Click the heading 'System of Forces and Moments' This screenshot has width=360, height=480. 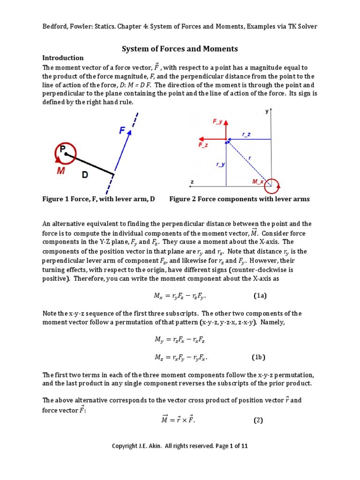[x=180, y=49]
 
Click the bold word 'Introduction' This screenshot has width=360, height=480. [x=63, y=58]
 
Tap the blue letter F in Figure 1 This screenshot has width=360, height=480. [x=122, y=132]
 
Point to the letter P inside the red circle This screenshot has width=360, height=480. [x=62, y=149]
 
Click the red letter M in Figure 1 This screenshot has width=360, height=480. [x=61, y=172]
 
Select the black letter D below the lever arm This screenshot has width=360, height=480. [x=85, y=175]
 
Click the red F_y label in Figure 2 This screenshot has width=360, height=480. [x=217, y=121]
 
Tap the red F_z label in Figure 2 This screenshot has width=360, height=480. [x=203, y=145]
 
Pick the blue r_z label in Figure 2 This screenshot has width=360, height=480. [x=246, y=134]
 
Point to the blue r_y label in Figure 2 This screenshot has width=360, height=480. [x=219, y=165]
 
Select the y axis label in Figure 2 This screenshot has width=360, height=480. [x=267, y=112]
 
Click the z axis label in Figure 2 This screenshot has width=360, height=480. [x=192, y=181]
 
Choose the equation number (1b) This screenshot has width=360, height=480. [x=258, y=357]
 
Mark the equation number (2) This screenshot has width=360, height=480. [x=259, y=420]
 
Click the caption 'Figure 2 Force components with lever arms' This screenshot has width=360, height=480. [x=240, y=199]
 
